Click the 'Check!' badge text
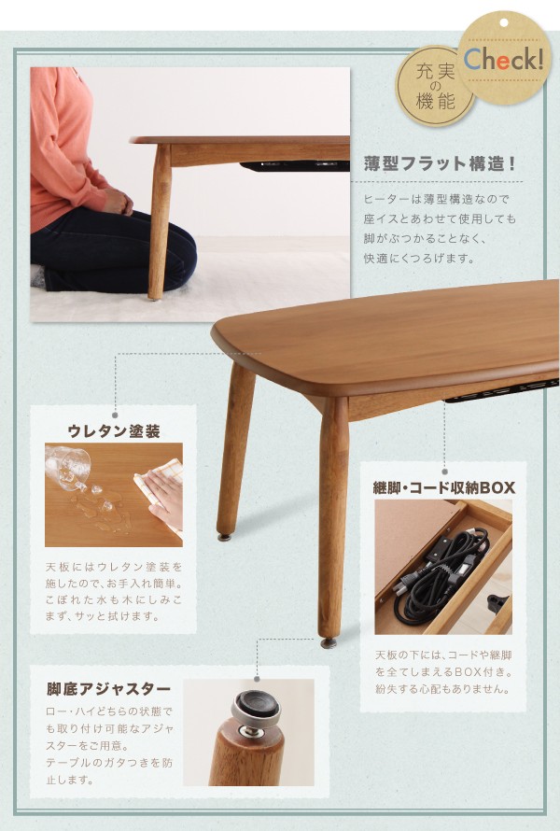(504, 59)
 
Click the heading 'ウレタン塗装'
(114, 431)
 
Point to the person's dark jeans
(112, 247)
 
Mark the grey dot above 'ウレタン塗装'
(115, 414)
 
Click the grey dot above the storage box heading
(443, 471)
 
